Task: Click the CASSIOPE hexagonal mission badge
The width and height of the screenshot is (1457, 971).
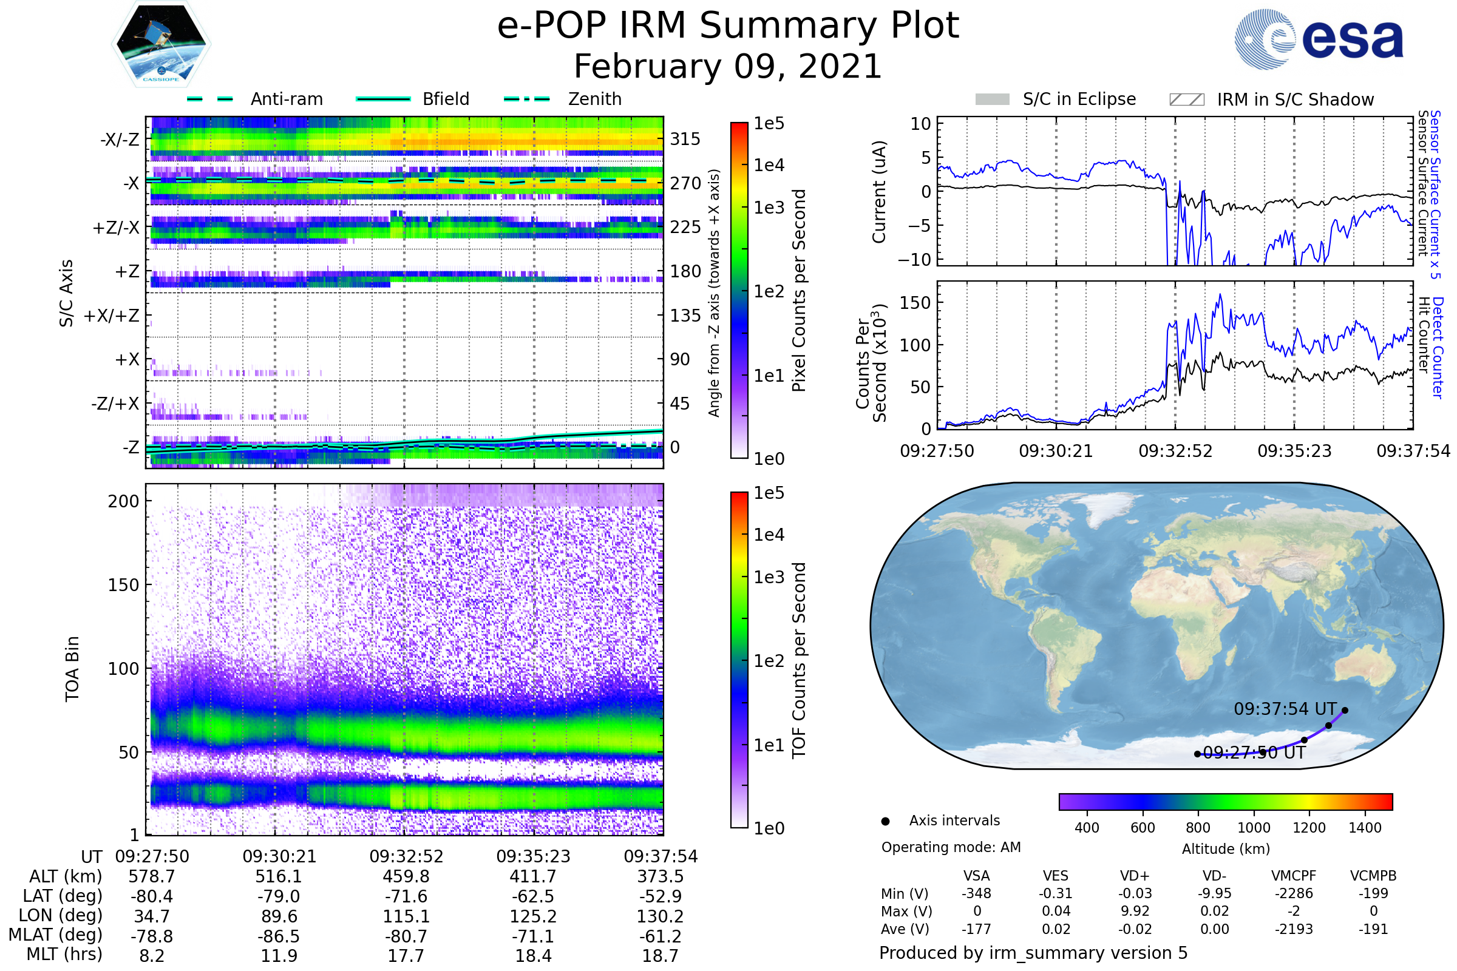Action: point(161,43)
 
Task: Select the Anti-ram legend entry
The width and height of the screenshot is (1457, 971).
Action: point(286,99)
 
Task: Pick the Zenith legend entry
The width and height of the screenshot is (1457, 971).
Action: point(594,99)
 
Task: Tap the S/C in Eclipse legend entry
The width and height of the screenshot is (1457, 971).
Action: point(1079,99)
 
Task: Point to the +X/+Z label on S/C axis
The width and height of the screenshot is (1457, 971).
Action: point(112,316)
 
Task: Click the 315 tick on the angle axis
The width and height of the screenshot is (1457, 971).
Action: point(685,139)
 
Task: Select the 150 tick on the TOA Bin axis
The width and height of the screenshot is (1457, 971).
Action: point(123,585)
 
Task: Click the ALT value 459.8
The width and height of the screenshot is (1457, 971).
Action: point(406,876)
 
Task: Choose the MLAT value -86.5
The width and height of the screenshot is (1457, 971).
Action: point(279,936)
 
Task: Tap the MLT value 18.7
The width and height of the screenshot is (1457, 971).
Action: point(660,955)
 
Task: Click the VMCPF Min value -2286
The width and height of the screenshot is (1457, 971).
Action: point(1294,893)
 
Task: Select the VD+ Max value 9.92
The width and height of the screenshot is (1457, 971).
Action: point(1135,911)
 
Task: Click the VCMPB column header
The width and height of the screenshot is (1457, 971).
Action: point(1373,876)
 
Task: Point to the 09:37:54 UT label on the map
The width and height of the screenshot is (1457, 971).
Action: point(1285,708)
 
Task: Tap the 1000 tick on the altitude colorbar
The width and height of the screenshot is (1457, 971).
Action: point(1253,828)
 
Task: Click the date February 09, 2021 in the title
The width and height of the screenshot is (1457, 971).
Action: point(728,66)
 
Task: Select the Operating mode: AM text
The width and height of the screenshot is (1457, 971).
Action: point(951,847)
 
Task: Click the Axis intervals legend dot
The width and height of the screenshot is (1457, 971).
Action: point(885,821)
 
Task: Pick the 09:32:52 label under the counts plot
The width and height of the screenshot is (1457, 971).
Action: point(1175,451)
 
